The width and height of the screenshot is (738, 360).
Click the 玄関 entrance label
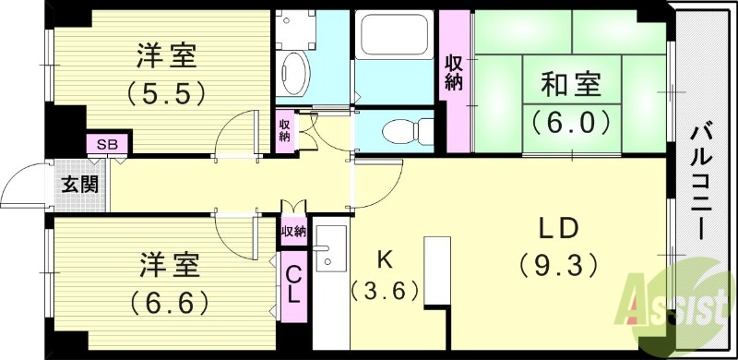tap(78, 183)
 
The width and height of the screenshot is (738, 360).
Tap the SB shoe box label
tap(108, 144)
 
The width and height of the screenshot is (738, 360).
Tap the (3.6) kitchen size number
tap(386, 291)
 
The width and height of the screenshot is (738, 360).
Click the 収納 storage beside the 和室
tap(455, 74)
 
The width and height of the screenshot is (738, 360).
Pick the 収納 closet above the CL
tap(293, 231)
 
